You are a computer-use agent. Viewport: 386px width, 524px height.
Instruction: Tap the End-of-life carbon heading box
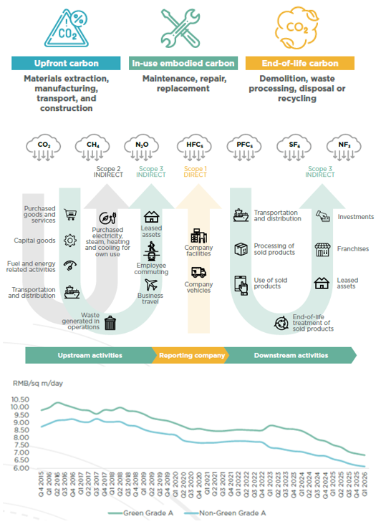tap(299, 64)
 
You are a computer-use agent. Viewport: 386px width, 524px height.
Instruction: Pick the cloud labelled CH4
tap(92, 148)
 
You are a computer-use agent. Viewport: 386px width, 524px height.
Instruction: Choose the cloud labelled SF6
tap(294, 148)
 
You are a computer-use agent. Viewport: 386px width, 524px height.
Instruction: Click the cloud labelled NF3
tap(344, 148)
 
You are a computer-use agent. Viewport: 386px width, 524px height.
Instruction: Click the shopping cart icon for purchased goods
tap(70, 214)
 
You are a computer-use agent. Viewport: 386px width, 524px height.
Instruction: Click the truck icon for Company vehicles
tap(198, 272)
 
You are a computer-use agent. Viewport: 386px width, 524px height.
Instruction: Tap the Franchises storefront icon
tap(322, 250)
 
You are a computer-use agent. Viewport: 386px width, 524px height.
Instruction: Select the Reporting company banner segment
tap(192, 355)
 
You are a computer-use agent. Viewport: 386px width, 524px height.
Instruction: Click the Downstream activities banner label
tap(291, 355)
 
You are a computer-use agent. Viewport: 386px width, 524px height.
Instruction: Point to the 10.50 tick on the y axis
tap(21, 399)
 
